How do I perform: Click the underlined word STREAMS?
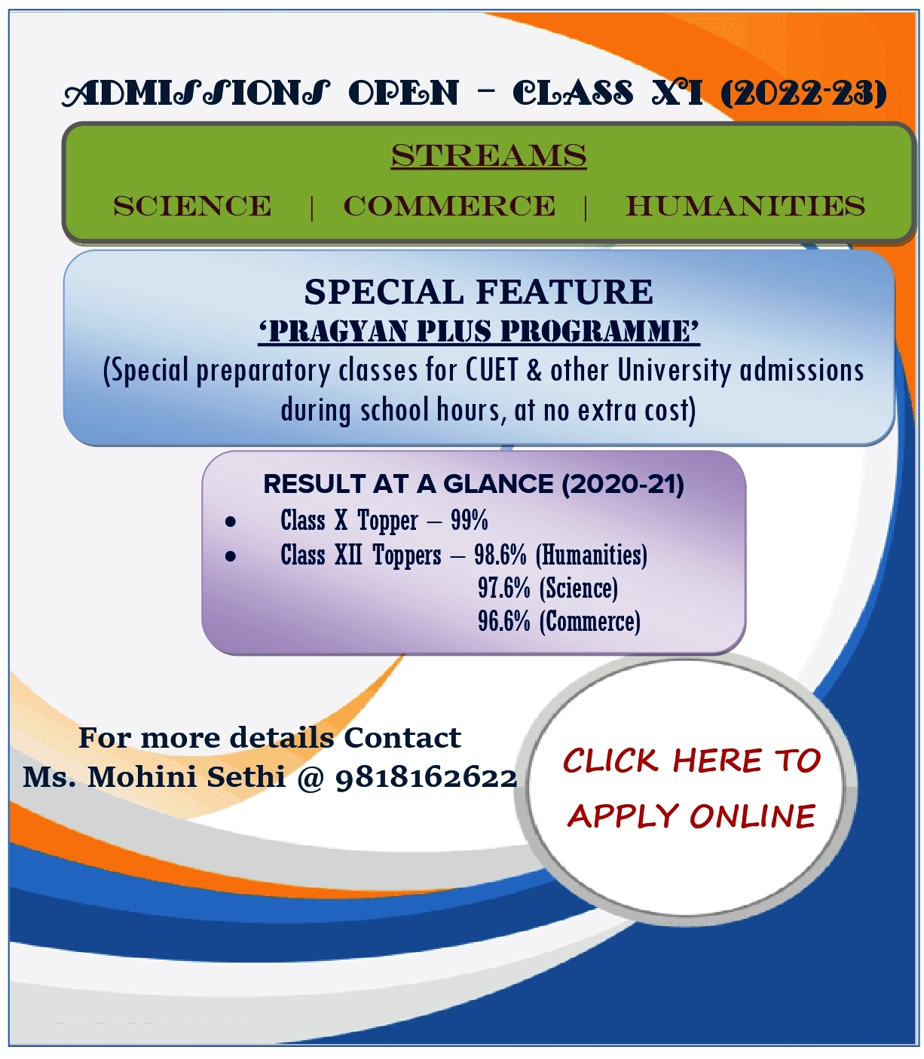click(x=488, y=156)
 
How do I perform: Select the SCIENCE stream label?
click(x=192, y=206)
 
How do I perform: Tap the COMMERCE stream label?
click(x=449, y=206)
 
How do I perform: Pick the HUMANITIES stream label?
click(x=745, y=206)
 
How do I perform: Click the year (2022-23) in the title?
click(x=803, y=94)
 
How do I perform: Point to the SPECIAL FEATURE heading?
click(x=479, y=292)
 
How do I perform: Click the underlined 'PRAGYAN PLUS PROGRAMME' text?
click(x=479, y=332)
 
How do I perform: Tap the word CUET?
click(x=492, y=370)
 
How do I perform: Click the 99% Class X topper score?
click(x=470, y=520)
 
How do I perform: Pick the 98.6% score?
click(x=500, y=556)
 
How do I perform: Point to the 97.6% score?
click(x=504, y=588)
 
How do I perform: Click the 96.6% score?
click(x=504, y=621)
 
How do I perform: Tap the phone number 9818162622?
click(x=426, y=777)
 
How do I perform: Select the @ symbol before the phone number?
click(x=311, y=777)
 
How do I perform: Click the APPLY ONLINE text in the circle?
click(x=691, y=816)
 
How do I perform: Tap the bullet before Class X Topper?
click(x=231, y=521)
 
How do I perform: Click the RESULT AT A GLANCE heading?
click(x=473, y=484)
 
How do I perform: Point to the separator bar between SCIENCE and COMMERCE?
click(x=311, y=207)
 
